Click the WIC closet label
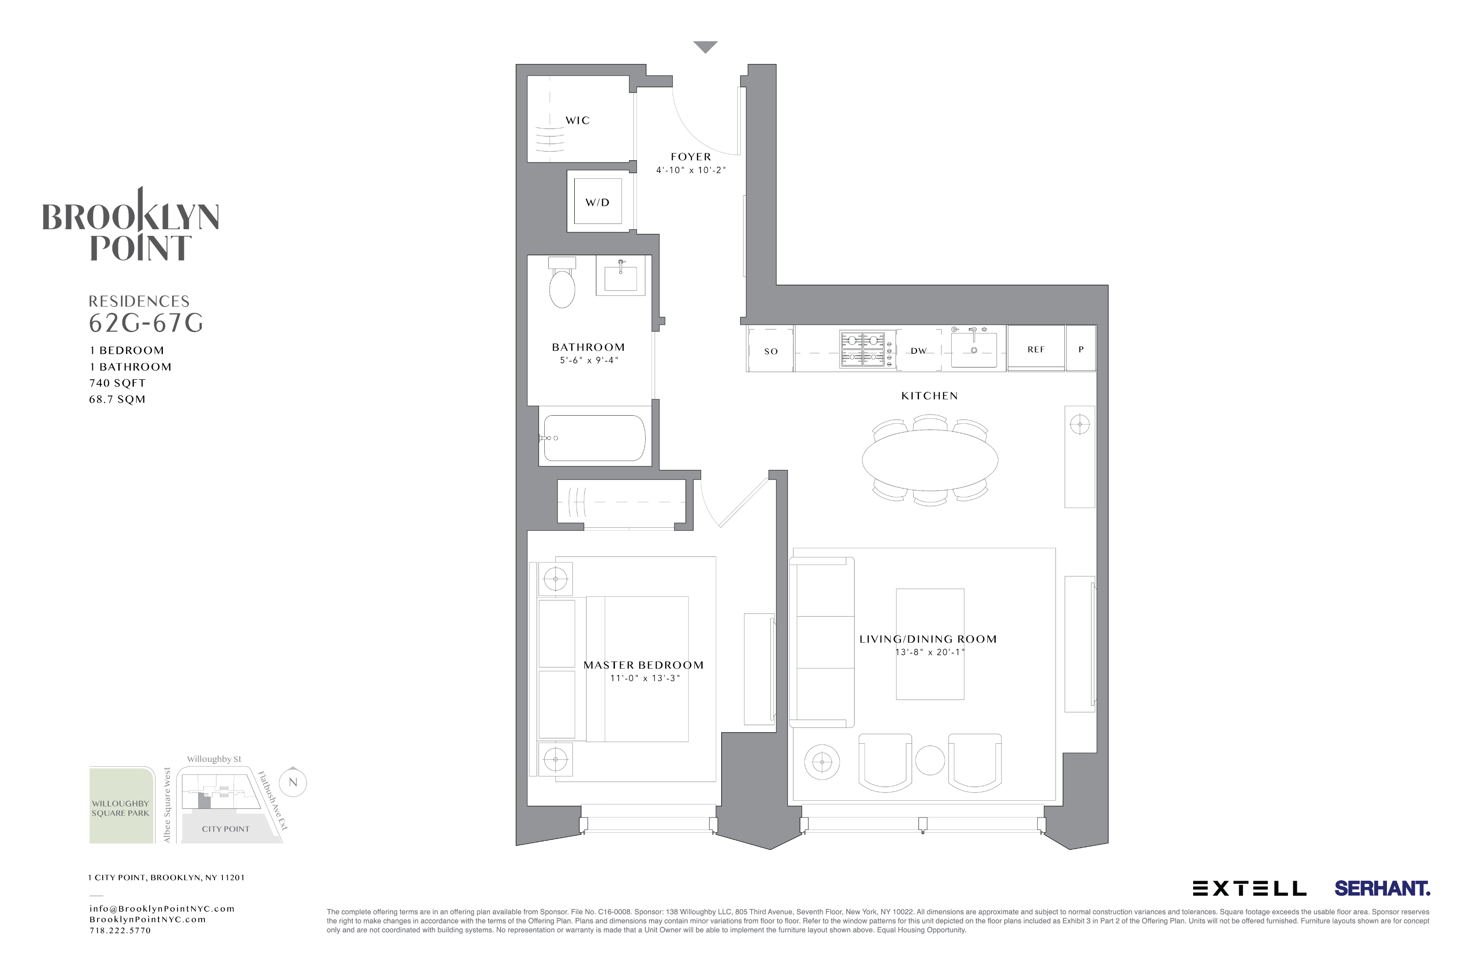coord(577,120)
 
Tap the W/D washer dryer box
coord(597,202)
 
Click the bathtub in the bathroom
coord(594,438)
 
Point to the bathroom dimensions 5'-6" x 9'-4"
coord(588,360)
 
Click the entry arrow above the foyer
coord(705,46)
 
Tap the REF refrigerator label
coord(1036,349)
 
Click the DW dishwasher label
coord(919,351)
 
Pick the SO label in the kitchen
coord(771,351)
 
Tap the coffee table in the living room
coord(930,644)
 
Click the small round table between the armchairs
coord(930,760)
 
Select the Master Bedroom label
coord(643,665)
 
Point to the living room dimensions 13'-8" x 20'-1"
coord(930,652)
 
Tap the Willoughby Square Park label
coord(121,808)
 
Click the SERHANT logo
coord(1381,888)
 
